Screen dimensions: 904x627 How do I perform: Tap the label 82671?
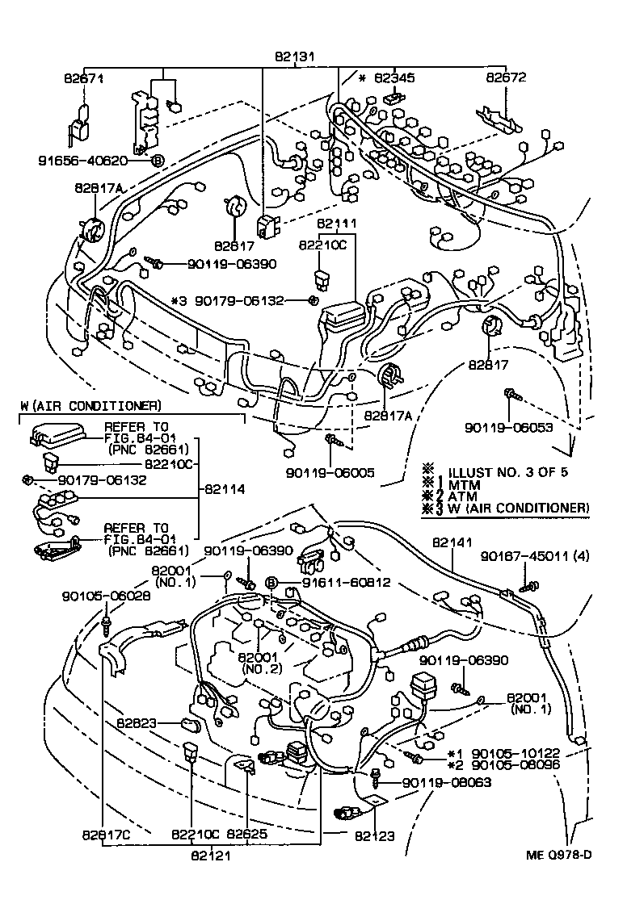[x=84, y=78]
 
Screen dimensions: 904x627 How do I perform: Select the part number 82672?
[x=506, y=78]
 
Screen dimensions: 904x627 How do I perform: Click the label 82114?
[x=226, y=489]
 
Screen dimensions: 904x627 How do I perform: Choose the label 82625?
[x=246, y=834]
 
